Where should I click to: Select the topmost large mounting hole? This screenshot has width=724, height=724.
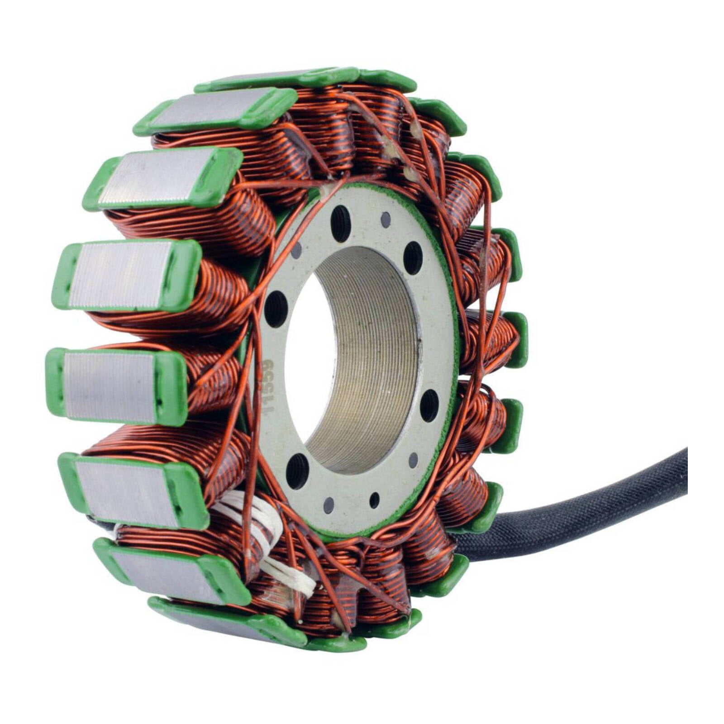click(340, 224)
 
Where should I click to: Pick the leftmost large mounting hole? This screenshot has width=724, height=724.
click(276, 309)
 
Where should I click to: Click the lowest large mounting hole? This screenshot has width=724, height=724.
click(297, 471)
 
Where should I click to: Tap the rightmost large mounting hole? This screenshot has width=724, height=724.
click(429, 405)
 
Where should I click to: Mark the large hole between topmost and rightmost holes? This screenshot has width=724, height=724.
click(413, 257)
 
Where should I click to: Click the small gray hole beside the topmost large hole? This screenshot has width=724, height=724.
click(386, 220)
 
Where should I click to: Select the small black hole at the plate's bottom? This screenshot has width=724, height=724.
click(374, 500)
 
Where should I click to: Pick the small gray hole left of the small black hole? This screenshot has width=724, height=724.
click(329, 505)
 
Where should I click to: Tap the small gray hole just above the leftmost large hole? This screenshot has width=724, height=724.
click(297, 250)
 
